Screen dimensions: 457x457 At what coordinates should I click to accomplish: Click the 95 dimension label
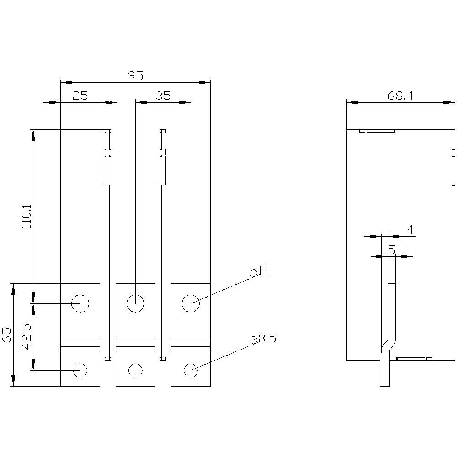[136, 76]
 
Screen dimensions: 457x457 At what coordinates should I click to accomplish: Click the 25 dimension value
[80, 96]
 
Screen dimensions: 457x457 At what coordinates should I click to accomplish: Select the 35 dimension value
[163, 96]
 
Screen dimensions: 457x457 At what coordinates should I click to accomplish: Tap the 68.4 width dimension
[400, 96]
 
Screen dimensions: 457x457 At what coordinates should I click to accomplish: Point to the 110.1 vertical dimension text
[27, 216]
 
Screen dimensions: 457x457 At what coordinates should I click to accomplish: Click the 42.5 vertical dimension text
[27, 337]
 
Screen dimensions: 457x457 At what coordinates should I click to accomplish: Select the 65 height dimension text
[6, 335]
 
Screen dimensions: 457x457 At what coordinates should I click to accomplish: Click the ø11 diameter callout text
[259, 271]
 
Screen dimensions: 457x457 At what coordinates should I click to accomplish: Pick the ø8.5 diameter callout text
[263, 339]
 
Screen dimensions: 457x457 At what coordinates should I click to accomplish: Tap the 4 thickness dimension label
[410, 230]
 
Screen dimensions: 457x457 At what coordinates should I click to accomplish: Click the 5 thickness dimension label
[392, 250]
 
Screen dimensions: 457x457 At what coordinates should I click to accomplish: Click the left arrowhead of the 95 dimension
[66, 82]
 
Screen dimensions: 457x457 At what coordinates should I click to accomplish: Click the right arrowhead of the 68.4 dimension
[449, 102]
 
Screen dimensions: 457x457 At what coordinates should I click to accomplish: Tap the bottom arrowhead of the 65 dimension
[13, 381]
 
